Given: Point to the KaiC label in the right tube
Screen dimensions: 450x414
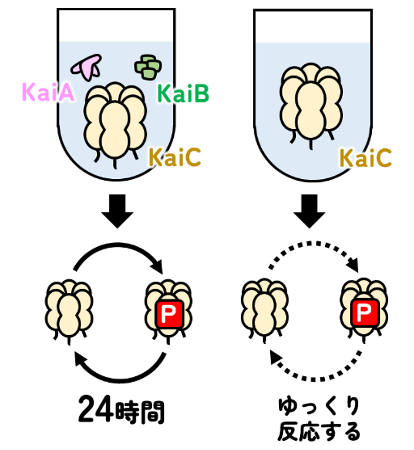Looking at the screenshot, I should [366, 159].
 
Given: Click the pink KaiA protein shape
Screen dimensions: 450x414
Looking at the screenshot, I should [86, 66].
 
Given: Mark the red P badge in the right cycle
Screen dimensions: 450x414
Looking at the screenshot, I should [364, 313].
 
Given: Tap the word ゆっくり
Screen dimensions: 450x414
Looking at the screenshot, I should [319, 407].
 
